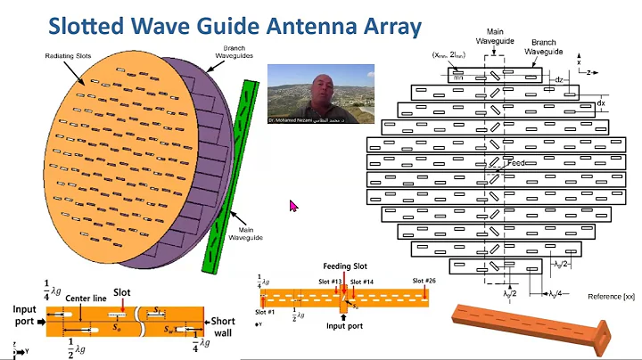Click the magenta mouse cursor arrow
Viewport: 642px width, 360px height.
click(x=293, y=206)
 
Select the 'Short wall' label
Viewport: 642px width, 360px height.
click(x=223, y=326)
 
